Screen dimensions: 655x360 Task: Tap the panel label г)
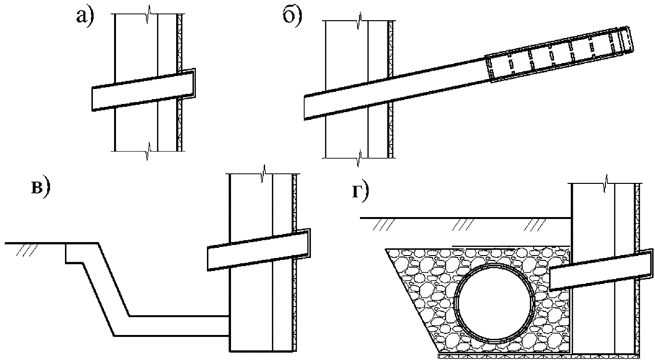pos(360,193)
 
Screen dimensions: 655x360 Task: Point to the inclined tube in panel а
pos(143,90)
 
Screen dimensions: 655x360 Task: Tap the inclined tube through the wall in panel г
pos(601,270)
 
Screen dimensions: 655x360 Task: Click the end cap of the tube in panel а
pos(194,83)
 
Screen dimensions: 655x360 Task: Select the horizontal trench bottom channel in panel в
pos(179,326)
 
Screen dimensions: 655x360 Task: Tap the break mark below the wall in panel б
pos(359,158)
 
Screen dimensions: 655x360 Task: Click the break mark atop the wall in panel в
pos(264,174)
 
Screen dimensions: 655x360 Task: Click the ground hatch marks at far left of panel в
pos(27,250)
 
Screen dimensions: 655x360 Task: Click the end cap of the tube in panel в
pos(309,243)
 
